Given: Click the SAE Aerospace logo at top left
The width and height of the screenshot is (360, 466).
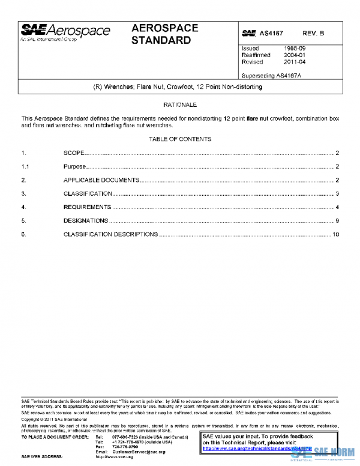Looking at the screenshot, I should [65, 32].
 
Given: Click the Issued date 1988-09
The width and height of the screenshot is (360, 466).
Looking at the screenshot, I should [294, 47].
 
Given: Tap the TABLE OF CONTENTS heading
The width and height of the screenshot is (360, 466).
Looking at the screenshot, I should [180, 139].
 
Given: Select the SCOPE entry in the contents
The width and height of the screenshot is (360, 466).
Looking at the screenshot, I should [74, 154].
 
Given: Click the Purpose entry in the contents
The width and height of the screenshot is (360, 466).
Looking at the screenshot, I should [75, 167].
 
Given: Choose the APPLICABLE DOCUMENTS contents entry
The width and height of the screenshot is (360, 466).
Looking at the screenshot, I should [101, 180].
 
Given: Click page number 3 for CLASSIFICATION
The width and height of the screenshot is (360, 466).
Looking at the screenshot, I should [338, 194].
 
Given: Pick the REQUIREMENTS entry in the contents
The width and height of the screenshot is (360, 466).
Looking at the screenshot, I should [87, 207].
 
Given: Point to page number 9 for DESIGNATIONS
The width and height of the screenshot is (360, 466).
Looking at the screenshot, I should [338, 221].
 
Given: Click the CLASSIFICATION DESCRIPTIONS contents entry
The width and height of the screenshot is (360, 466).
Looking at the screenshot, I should [110, 234].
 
